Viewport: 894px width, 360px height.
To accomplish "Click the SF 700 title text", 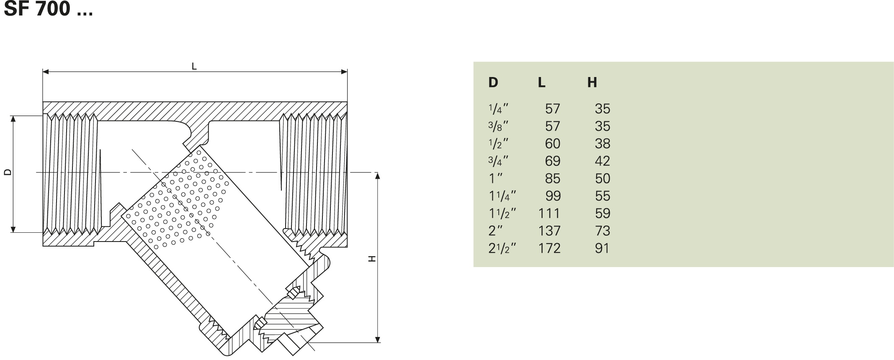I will point(48,9).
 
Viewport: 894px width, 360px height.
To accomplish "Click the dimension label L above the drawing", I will point(194,66).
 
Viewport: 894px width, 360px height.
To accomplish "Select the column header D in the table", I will point(493,82).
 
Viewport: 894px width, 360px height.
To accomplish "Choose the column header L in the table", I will point(541,82).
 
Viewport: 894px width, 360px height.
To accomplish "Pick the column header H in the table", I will point(592,82).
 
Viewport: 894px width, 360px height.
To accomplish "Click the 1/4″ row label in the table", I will point(498,109).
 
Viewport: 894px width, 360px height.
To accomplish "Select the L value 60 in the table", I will point(552,144).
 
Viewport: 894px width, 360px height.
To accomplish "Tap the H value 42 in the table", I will point(602,161).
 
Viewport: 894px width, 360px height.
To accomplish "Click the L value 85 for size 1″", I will point(552,179).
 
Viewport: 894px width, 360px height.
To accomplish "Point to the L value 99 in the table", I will point(553,196).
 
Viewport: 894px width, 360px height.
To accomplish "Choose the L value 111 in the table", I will point(549,213).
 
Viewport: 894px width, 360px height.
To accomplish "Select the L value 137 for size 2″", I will point(549,231).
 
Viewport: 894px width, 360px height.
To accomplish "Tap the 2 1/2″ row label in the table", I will point(502,248).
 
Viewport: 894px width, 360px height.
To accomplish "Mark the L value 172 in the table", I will point(549,248).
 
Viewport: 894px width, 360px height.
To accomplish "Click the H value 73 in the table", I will point(602,231).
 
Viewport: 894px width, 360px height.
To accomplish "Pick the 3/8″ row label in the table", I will point(498,126).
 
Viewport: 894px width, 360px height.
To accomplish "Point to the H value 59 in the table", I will point(602,213).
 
